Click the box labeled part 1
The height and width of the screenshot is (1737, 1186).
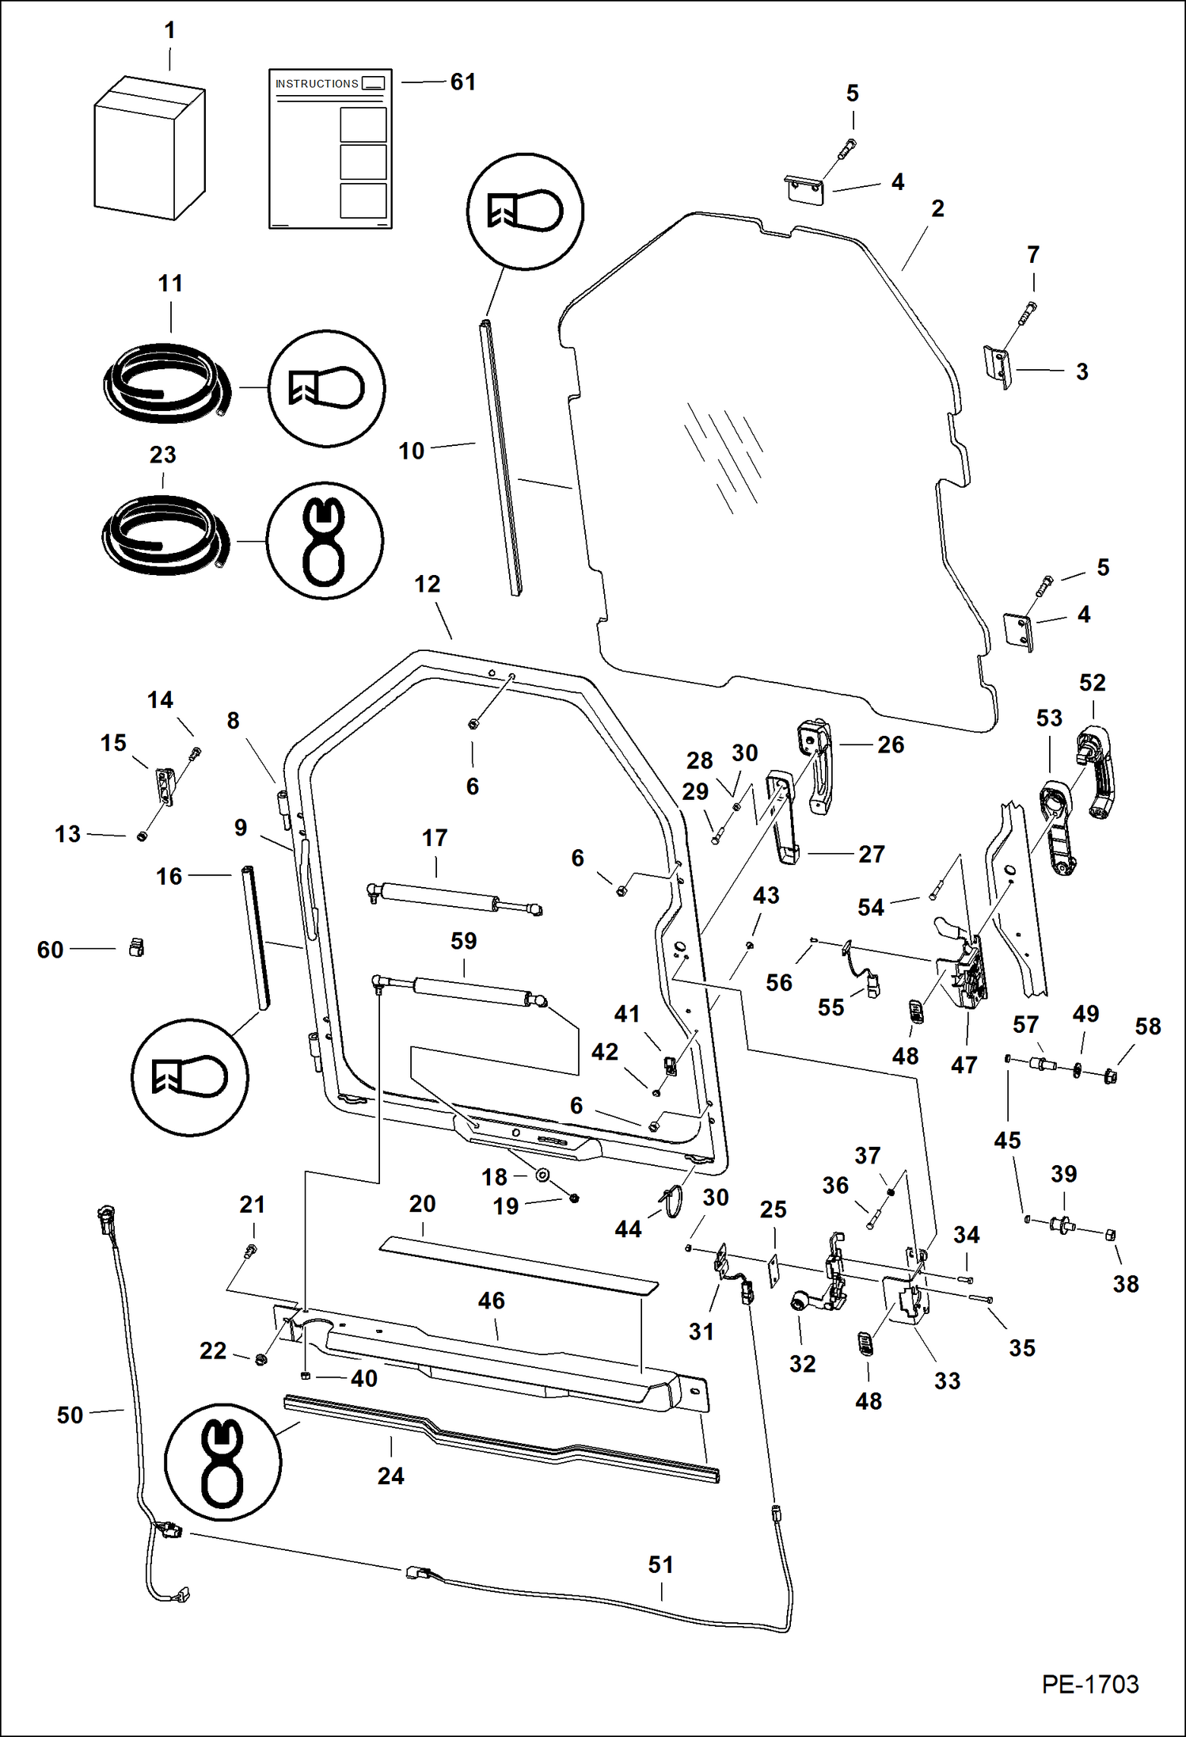click(149, 149)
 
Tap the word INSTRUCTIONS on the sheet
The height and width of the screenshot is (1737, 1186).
click(317, 84)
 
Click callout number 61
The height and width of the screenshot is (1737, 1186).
click(463, 82)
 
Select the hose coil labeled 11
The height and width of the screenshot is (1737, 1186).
click(166, 384)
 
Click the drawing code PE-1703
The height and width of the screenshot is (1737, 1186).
click(1089, 1684)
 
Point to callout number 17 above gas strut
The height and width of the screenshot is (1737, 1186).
click(435, 838)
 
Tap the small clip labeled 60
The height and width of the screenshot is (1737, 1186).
click(136, 947)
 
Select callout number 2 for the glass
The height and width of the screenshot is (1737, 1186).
click(937, 209)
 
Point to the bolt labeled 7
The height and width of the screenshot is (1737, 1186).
click(1026, 314)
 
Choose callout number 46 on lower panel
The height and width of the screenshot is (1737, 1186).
click(491, 1301)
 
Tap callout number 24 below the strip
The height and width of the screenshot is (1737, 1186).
click(390, 1476)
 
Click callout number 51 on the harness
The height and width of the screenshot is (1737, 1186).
click(661, 1565)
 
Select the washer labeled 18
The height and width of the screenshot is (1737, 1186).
click(542, 1175)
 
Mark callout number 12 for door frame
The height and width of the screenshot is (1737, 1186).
click(428, 585)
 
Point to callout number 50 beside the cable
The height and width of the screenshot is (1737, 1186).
click(70, 1415)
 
